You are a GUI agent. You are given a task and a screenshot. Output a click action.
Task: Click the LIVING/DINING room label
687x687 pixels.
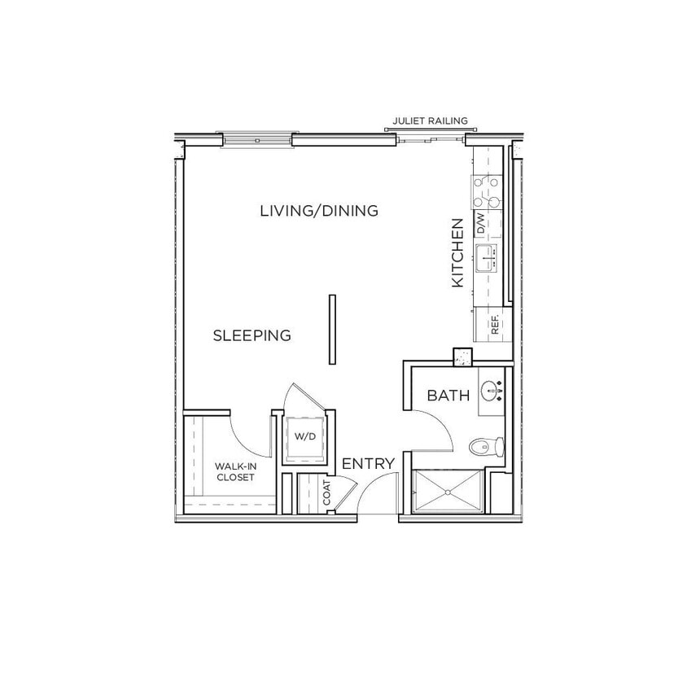tap(319, 211)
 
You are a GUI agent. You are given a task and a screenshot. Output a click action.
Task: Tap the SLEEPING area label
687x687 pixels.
tap(252, 335)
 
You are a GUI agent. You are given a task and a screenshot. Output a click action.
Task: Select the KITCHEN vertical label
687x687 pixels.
tap(457, 252)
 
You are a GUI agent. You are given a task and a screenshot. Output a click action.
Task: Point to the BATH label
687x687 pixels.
tap(449, 396)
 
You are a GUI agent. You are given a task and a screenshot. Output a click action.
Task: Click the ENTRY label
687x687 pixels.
tap(369, 464)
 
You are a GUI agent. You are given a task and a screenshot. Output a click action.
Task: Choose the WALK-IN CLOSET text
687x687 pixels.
tap(234, 472)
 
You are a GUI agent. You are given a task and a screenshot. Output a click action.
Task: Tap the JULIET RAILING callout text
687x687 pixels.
tap(430, 120)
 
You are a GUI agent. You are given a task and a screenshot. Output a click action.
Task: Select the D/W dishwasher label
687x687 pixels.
tap(480, 224)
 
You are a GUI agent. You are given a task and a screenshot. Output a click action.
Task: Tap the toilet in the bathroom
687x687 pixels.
tap(487, 446)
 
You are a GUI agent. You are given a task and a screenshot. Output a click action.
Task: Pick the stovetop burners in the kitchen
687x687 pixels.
tap(487, 191)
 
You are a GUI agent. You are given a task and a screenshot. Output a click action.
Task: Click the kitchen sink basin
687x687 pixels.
tap(487, 259)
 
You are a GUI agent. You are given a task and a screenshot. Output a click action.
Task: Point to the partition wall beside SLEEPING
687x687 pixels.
tap(331, 330)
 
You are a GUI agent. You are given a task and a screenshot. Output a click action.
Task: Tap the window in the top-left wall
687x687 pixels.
tap(256, 141)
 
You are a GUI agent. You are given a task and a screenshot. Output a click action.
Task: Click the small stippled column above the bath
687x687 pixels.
tap(463, 357)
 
